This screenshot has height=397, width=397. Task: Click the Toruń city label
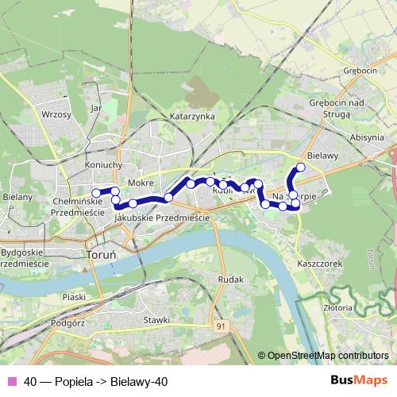(x=101, y=256)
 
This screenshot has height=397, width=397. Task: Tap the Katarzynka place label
(x=192, y=116)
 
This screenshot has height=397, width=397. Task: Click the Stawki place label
(x=157, y=320)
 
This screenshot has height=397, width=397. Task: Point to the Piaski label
(x=53, y=298)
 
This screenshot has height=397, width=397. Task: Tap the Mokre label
(x=140, y=183)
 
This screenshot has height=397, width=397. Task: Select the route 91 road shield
(x=220, y=326)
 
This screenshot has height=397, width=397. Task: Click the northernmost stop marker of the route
(x=301, y=168)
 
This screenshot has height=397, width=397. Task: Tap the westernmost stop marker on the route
(x=97, y=192)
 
